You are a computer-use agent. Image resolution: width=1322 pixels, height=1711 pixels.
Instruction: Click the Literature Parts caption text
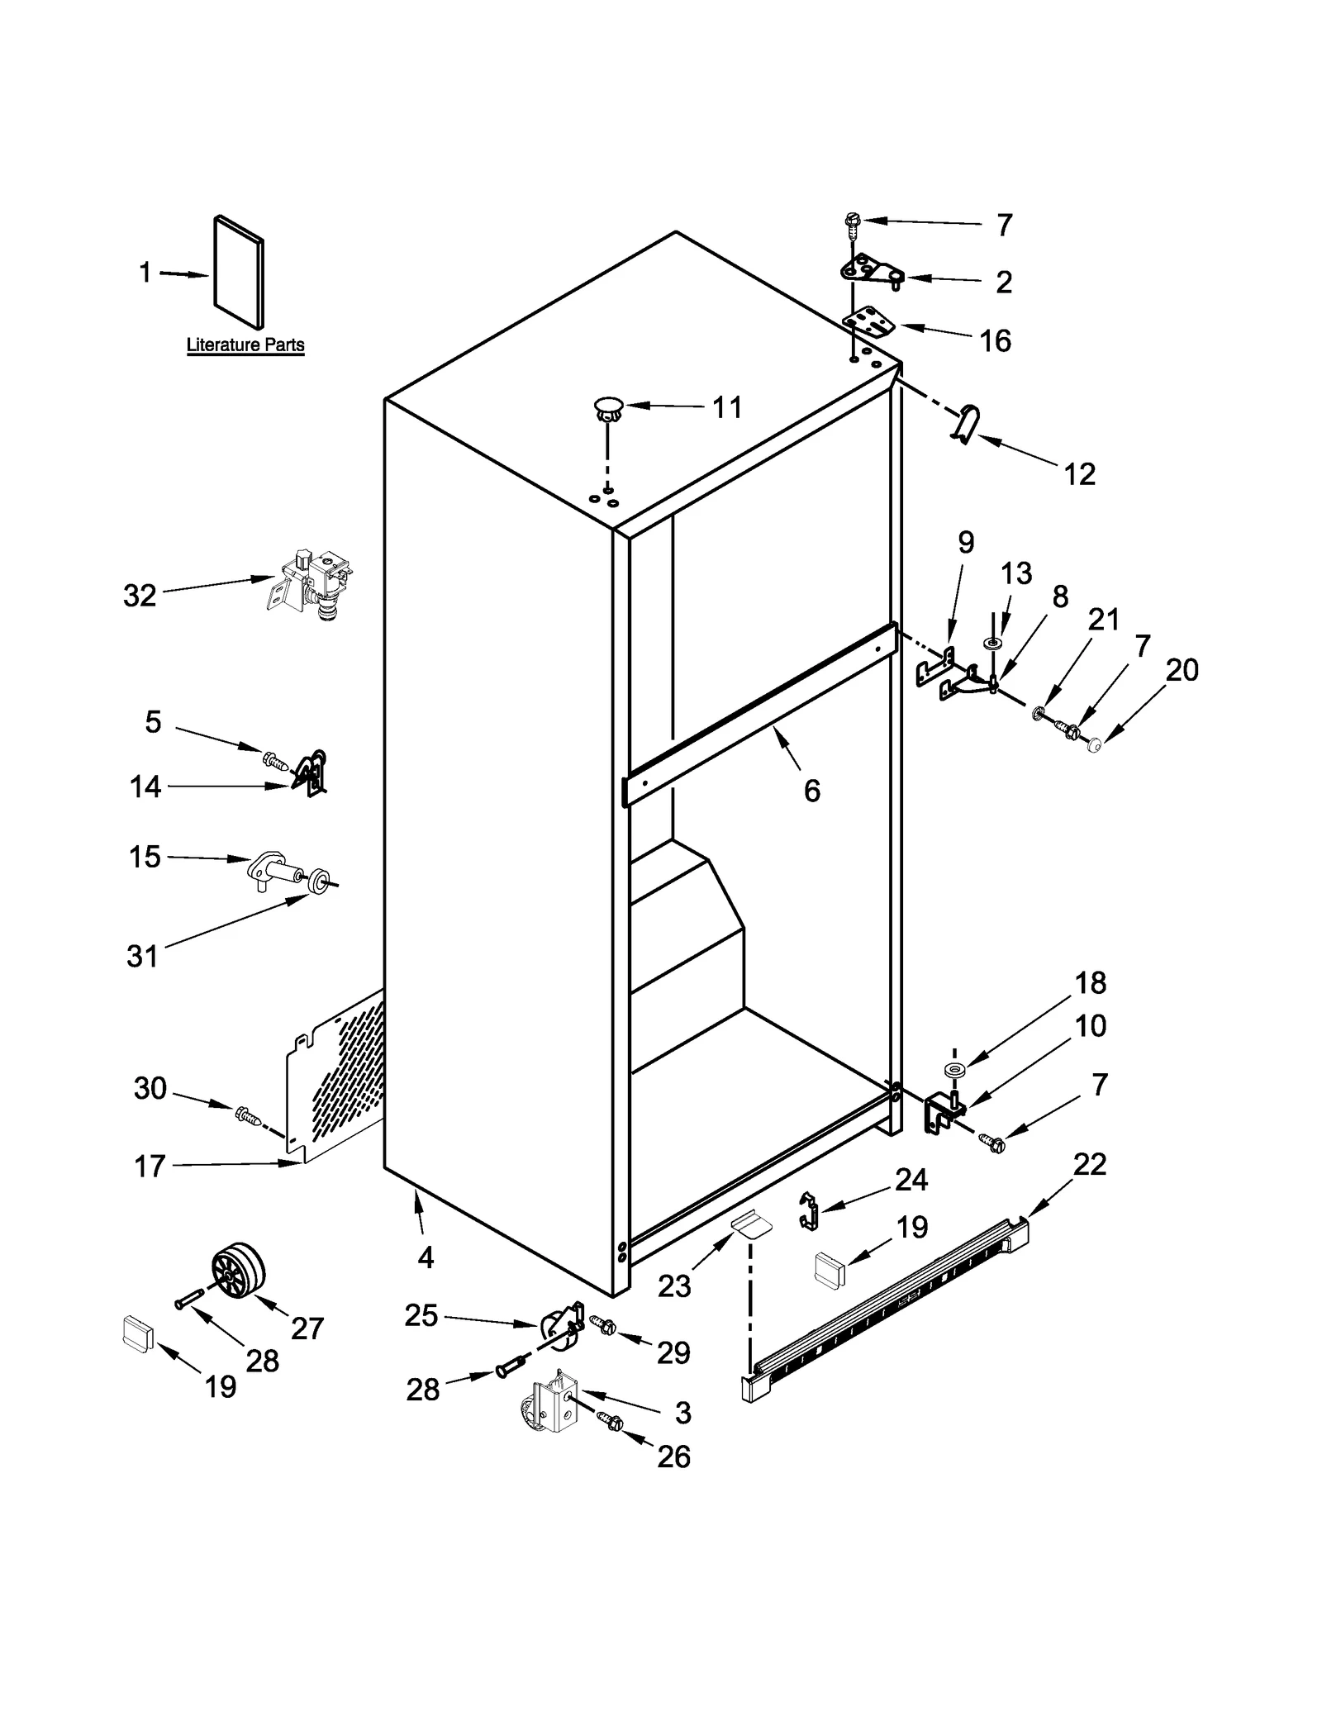coord(245,345)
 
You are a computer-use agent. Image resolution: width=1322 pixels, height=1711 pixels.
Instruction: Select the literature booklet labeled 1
coord(239,273)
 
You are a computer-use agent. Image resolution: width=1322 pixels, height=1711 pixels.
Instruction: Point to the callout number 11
coord(727,407)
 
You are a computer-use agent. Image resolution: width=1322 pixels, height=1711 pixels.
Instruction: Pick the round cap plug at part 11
coord(608,408)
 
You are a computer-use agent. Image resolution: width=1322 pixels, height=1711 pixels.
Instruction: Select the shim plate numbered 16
coord(869,322)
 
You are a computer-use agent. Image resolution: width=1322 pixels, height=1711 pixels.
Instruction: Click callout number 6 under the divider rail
coord(811,791)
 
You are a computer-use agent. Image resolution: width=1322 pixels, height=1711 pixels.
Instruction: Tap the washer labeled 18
coord(955,1072)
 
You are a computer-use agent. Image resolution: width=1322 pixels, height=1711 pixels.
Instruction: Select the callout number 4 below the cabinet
coord(426,1258)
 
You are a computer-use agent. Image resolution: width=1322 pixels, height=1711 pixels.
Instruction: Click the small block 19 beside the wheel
coord(138,1334)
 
